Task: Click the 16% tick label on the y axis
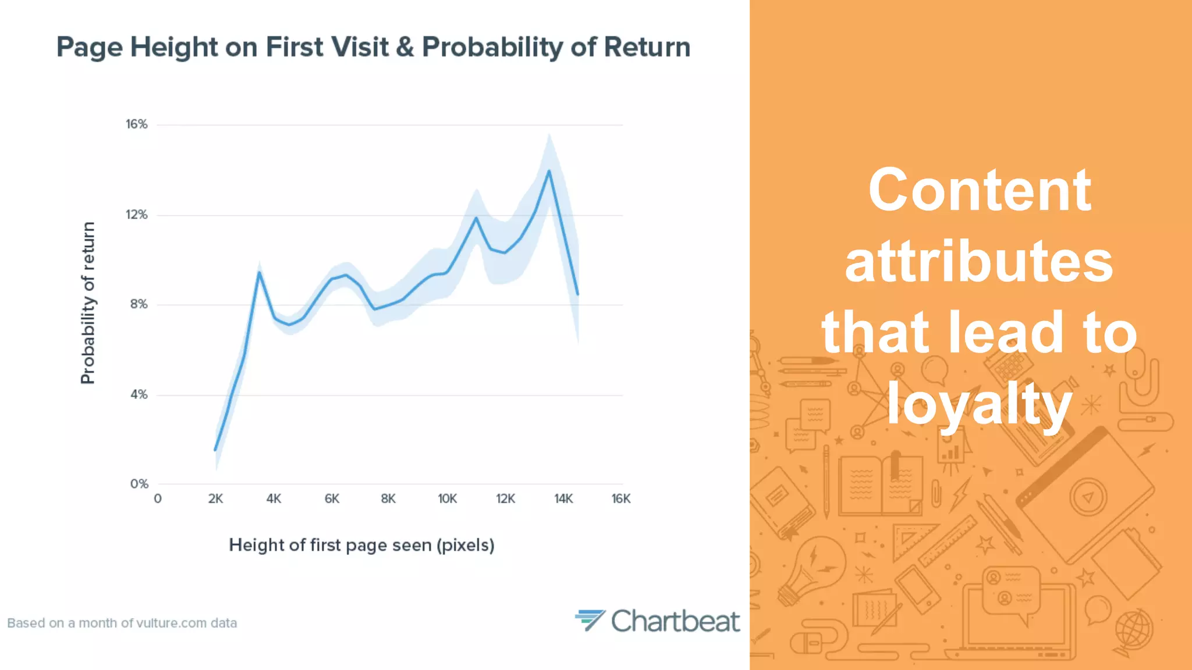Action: pos(137,124)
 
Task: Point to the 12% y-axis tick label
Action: pos(137,215)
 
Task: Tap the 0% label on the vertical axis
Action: pos(139,484)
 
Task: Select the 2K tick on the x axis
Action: pos(215,499)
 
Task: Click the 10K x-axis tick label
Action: pos(447,499)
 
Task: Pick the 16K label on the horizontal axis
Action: pos(621,499)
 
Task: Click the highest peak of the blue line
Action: pos(549,171)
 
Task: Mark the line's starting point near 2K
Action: pos(215,450)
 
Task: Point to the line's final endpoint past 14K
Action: pos(577,294)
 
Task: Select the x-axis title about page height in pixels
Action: pos(361,546)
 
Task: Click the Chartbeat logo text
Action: pos(675,621)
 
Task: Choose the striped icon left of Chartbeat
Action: pos(590,620)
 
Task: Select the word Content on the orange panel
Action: pos(979,190)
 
